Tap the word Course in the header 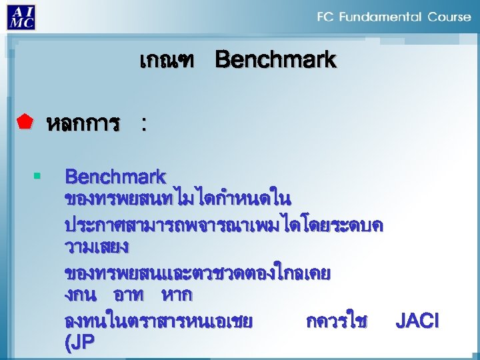coord(448,17)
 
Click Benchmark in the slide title coord(275,61)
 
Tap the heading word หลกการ coord(83,123)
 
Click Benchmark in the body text coord(115,177)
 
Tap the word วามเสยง coord(97,247)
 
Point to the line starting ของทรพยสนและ coord(197,273)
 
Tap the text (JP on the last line coord(79,343)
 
